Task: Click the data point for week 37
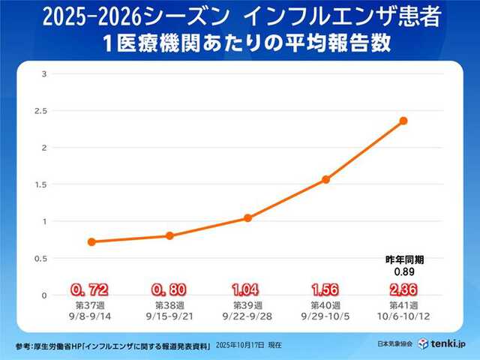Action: pyautogui.click(x=91, y=241)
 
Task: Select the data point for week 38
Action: pyautogui.click(x=169, y=235)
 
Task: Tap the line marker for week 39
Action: pyautogui.click(x=247, y=218)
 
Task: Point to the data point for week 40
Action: pyautogui.click(x=325, y=180)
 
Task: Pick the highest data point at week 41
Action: pyautogui.click(x=403, y=121)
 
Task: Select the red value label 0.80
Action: pyautogui.click(x=169, y=289)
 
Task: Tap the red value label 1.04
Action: pyautogui.click(x=247, y=289)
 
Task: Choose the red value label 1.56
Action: pyautogui.click(x=325, y=289)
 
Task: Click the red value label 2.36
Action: pyautogui.click(x=403, y=289)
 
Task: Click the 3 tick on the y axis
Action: pyautogui.click(x=45, y=73)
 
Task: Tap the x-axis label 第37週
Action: pyautogui.click(x=91, y=306)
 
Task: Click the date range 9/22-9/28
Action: pyautogui.click(x=247, y=317)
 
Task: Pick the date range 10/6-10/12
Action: pyautogui.click(x=403, y=317)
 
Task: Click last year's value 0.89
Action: pyautogui.click(x=403, y=271)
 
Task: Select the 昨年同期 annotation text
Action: pyautogui.click(x=403, y=260)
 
